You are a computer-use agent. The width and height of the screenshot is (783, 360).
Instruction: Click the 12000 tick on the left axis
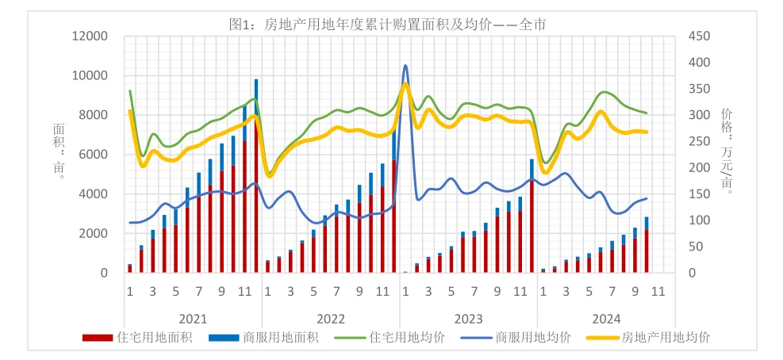coord(90,36)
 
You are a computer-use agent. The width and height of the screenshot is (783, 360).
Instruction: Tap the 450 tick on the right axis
coord(695,36)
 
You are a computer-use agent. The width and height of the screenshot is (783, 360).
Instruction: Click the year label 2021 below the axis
coord(193,319)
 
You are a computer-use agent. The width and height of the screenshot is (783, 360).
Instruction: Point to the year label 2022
coord(330,319)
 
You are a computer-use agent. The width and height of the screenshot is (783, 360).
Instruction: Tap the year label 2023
coord(468,319)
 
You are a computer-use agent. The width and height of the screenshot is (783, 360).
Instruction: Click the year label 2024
coord(606,319)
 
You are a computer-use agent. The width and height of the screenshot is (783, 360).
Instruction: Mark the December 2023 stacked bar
coord(532,222)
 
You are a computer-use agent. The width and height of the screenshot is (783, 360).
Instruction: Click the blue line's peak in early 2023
coord(405,66)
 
